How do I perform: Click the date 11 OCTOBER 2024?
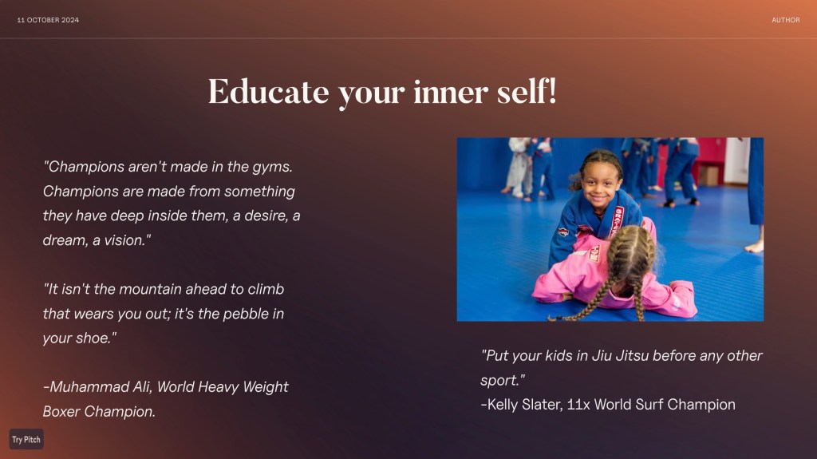(x=48, y=20)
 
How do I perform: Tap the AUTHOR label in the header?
(x=786, y=20)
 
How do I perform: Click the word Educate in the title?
(x=268, y=92)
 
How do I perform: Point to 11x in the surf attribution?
(x=578, y=405)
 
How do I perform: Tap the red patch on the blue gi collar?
(x=617, y=221)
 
